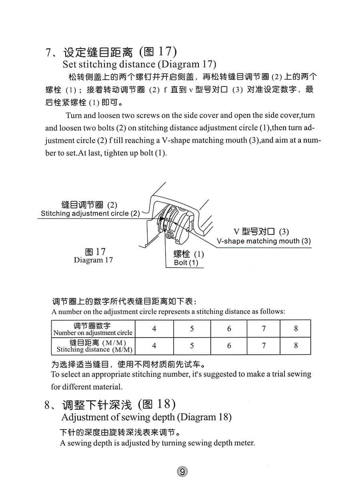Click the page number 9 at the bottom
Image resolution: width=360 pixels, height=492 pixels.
pos(182,472)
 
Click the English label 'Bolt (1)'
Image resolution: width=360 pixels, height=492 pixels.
pos(186,263)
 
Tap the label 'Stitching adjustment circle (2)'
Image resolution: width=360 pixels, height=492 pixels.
pos(90,214)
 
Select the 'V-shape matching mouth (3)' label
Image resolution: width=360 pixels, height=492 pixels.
pos(264,241)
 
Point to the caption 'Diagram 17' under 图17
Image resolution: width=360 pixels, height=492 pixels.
pos(93,260)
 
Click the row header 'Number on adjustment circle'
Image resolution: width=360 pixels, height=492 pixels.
pos(93,333)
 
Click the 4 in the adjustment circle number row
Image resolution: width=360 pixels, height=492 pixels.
pos(154,329)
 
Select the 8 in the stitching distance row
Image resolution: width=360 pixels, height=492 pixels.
pos(296,346)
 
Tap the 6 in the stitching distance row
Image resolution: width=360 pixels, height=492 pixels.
pos(229,346)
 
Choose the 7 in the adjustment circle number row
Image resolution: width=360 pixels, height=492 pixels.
pos(264,329)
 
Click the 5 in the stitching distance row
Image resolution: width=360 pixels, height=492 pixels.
pos(192,346)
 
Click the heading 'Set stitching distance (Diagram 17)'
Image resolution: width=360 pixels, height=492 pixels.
pos(139,64)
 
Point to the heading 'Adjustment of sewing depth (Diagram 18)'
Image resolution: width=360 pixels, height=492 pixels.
pos(146,417)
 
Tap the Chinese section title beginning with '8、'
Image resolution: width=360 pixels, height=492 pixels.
pos(110,405)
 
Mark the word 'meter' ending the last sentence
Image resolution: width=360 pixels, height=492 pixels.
pos(244,443)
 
